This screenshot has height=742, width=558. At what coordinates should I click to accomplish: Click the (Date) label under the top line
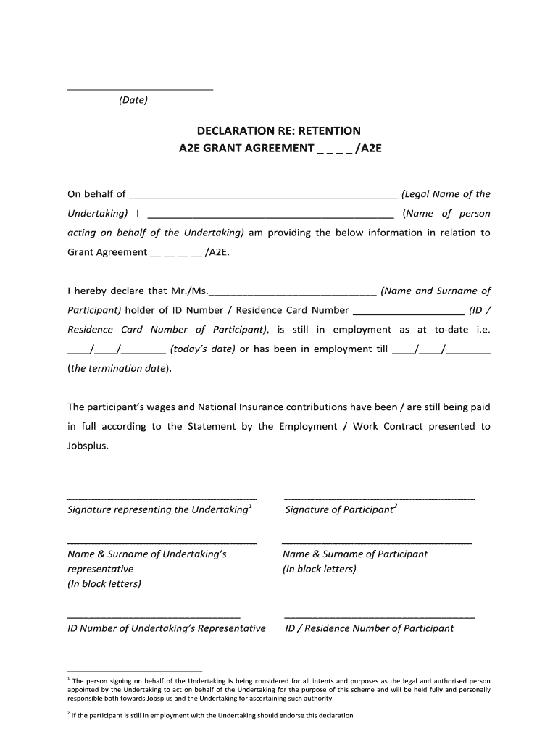[133, 100]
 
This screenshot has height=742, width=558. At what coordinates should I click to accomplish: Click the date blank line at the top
[140, 88]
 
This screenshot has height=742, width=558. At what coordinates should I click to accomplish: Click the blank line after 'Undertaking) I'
[270, 217]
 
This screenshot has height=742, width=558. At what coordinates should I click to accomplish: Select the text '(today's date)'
[203, 349]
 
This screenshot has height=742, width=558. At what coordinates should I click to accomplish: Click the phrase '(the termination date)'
[120, 368]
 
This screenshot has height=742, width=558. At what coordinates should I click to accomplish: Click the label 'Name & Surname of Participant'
[355, 554]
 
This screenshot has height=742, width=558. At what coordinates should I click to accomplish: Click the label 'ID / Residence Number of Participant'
[370, 628]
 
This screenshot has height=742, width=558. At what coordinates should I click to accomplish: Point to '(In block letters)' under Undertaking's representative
[104, 583]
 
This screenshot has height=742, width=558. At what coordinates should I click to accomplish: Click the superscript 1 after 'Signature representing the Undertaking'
[250, 506]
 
